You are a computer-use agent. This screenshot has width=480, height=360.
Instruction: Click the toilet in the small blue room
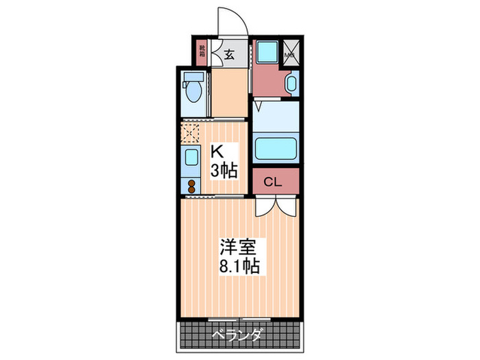coord(194,88)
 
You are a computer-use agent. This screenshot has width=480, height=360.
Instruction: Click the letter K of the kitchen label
coord(215,151)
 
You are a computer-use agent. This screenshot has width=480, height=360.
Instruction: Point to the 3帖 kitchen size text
coord(224,170)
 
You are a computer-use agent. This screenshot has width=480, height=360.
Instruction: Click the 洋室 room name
coord(235,245)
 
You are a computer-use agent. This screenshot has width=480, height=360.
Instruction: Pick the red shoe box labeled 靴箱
coord(202,52)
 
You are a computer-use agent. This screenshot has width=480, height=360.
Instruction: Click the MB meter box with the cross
coord(290,51)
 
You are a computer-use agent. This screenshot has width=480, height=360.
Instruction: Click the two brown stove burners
coord(191,185)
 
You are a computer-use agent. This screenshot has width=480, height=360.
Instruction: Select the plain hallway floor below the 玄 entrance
coord(228,93)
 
